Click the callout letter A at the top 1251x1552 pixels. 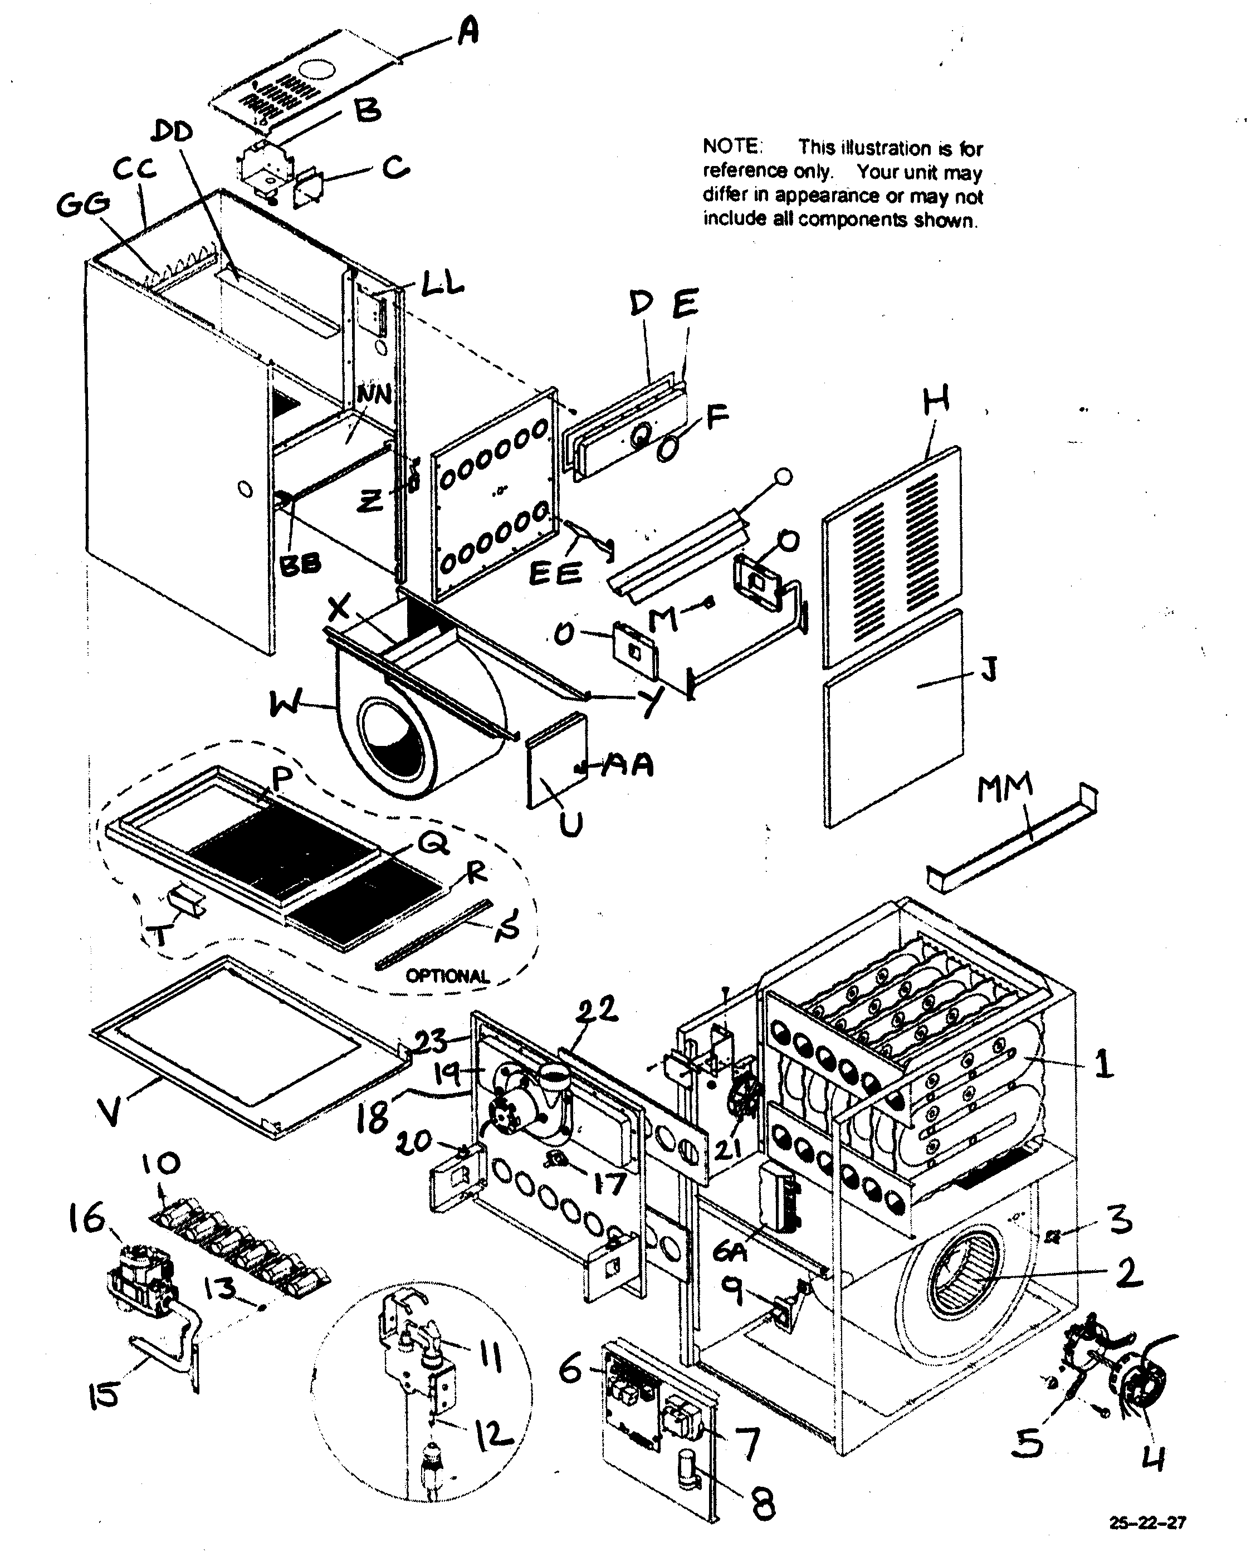pos(468,32)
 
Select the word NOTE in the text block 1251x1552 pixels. pos(731,147)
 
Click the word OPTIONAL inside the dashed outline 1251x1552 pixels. pos(447,977)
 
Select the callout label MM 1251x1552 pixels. pos(1005,788)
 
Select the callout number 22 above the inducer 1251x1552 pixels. pos(597,1010)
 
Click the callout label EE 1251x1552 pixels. pos(555,574)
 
